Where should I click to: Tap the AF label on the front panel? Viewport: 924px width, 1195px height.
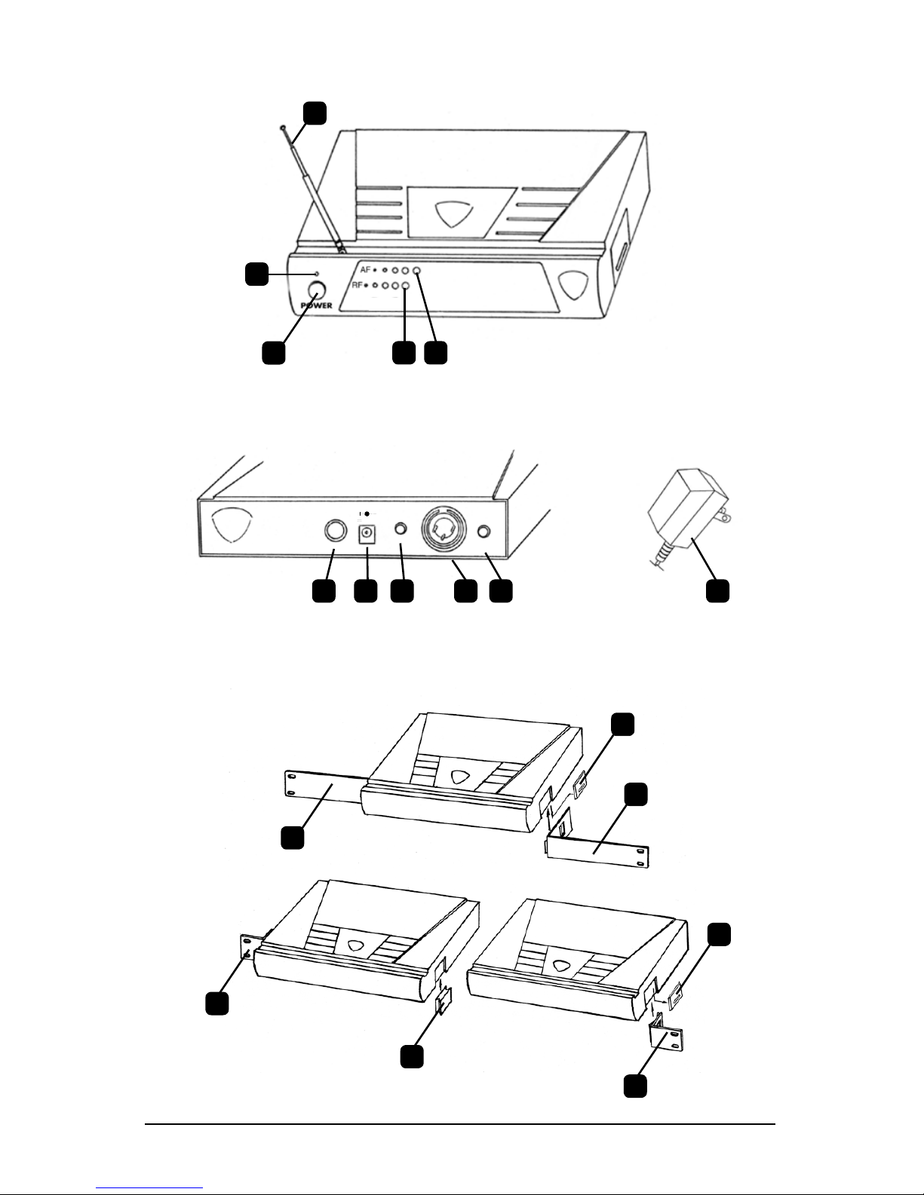pos(365,269)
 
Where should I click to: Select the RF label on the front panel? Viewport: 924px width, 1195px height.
pos(358,286)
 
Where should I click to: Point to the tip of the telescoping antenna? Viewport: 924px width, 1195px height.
pos(281,129)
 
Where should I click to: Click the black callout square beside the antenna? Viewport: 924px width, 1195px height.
pos(315,112)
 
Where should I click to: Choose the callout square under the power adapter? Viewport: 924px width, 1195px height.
pos(717,590)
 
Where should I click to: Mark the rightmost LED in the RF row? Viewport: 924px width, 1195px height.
pos(405,286)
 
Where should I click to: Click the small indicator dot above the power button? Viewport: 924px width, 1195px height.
pos(318,273)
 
